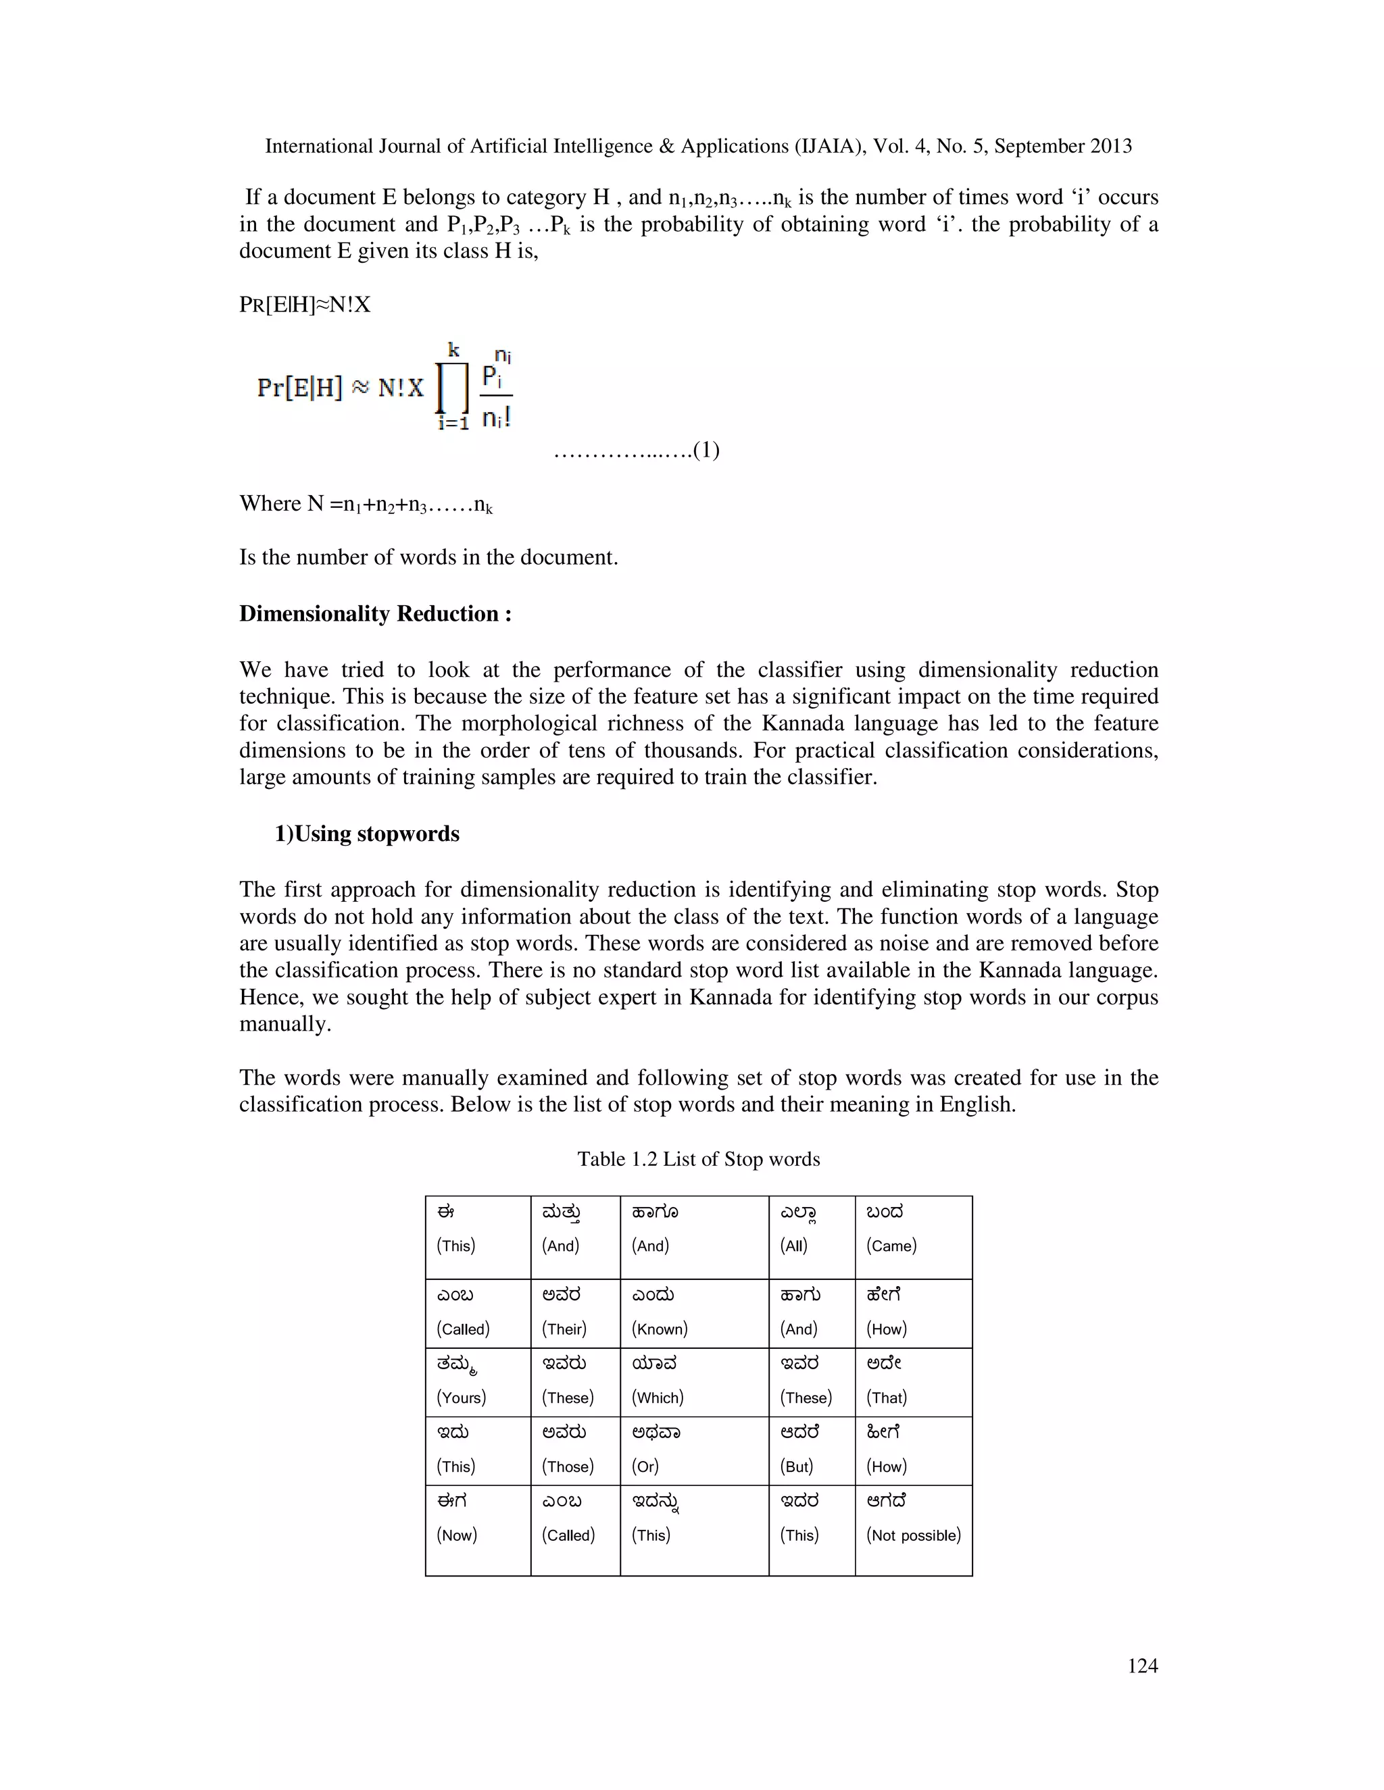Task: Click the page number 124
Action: click(1142, 1666)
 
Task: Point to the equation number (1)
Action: click(706, 450)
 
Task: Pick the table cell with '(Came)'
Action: click(914, 1237)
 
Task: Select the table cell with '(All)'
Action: click(812, 1237)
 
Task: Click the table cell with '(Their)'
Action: click(576, 1314)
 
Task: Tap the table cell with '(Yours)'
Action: click(478, 1383)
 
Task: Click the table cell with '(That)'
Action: click(914, 1383)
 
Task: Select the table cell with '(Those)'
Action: click(576, 1452)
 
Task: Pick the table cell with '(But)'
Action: click(812, 1452)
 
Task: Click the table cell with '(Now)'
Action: click(478, 1529)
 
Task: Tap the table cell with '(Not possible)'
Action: click(914, 1529)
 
